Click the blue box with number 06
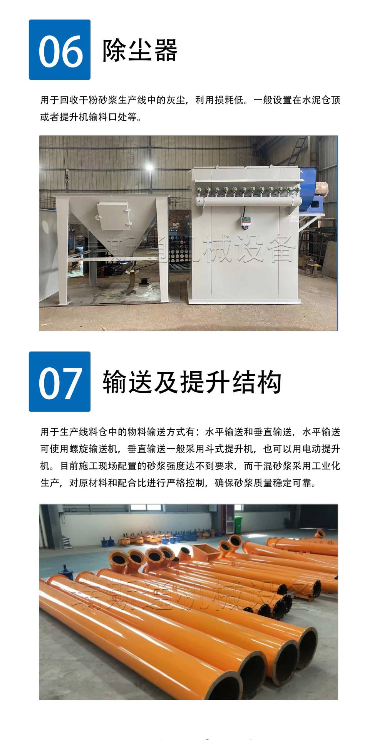60,50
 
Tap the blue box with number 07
60,382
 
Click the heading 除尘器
139,50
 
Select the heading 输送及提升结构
192,382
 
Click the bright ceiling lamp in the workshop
149,167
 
